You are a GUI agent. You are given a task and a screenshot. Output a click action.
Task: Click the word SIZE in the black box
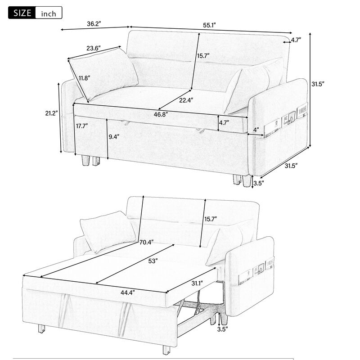21,13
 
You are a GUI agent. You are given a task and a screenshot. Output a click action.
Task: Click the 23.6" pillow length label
93,47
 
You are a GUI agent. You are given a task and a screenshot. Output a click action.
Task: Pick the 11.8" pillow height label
84,78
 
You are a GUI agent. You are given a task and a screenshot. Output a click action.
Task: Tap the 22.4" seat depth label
185,100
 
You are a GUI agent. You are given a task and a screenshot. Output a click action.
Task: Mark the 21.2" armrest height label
50,113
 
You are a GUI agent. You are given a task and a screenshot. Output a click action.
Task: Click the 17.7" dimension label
82,126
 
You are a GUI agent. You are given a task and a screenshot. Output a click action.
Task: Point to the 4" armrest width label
256,130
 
